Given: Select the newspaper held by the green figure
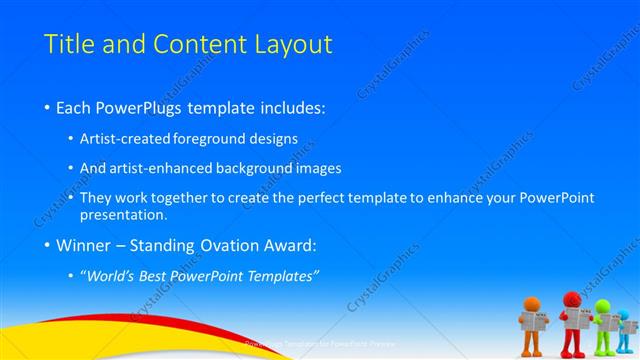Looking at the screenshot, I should (607, 322).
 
